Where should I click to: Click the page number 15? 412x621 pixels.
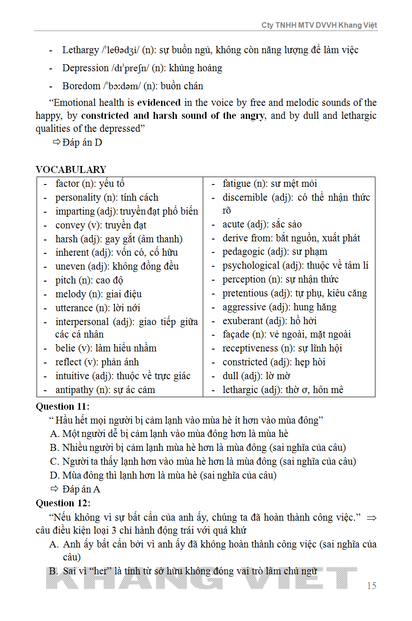pos(372,586)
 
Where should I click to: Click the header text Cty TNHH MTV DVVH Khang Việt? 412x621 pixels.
pos(319,25)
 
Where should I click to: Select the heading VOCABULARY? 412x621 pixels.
pos(71,170)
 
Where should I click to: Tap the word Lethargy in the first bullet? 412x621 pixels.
pos(81,50)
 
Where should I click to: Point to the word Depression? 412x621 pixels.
pos(85,68)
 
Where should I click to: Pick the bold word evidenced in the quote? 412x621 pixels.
pos(159,103)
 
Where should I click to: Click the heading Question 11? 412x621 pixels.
pos(62,407)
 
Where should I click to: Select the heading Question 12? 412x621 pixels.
pos(62,503)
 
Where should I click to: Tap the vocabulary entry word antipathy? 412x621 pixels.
pos(74,390)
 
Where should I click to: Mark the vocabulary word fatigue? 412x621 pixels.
pos(237,184)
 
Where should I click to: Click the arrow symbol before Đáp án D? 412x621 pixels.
pos(56,142)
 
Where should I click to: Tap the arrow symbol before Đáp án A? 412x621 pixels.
pos(55,489)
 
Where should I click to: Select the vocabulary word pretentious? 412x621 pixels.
pos(245,293)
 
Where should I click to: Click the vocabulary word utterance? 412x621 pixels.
pos(74,308)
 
